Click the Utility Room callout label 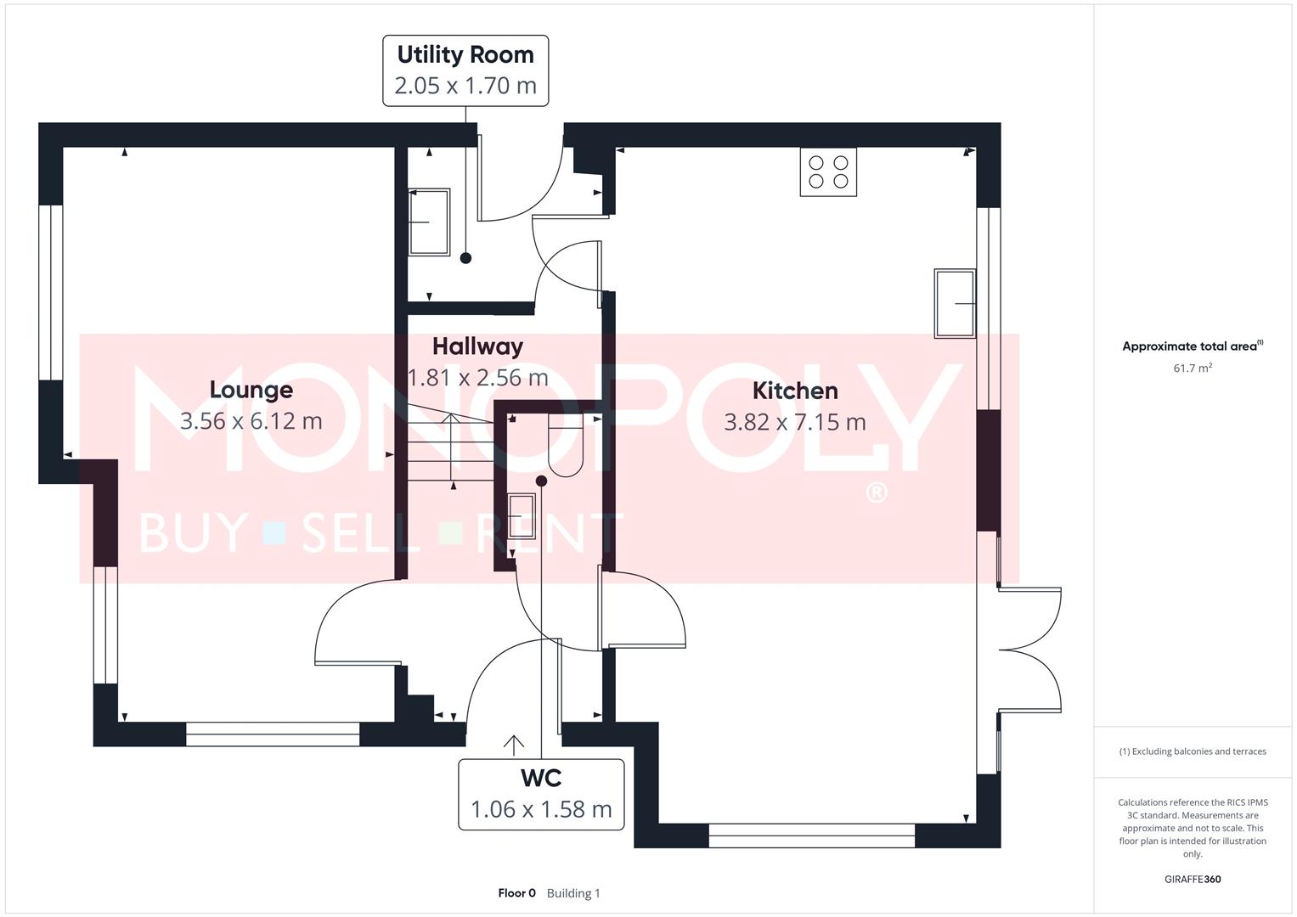(465, 70)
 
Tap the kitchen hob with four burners (828, 172)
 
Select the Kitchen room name (795, 391)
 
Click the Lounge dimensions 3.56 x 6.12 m (251, 421)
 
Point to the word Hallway (477, 346)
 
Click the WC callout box (541, 794)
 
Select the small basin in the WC (521, 516)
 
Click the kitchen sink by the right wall (955, 303)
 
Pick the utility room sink (429, 222)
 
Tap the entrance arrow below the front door (513, 745)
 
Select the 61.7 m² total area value (1192, 368)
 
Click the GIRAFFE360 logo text (1192, 879)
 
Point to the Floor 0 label (516, 893)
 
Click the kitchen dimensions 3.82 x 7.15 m (795, 422)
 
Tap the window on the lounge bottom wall (273, 734)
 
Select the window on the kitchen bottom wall (811, 835)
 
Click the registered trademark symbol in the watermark (876, 493)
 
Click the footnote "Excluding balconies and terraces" (1192, 751)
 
